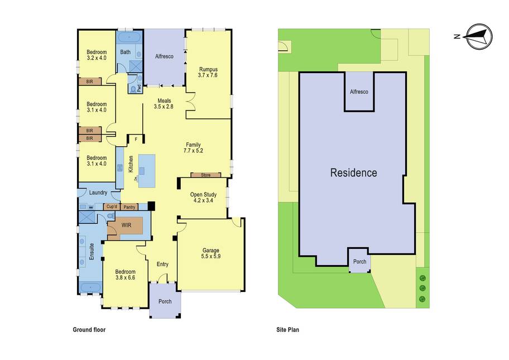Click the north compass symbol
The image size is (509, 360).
[478, 37]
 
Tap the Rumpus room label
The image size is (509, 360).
[208, 69]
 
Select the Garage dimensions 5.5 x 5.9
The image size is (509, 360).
[210, 256]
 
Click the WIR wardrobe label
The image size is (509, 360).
[126, 224]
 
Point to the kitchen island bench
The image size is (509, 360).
[147, 171]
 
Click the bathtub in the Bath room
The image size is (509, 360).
[129, 37]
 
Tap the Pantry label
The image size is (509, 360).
[129, 207]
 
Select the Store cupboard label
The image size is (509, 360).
[205, 175]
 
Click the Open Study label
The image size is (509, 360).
[203, 194]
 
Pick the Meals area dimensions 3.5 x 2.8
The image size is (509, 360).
[164, 107]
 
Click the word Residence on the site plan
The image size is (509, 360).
[353, 172]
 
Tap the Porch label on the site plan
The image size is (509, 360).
[359, 261]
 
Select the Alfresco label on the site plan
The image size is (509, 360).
[359, 92]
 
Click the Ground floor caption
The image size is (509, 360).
[89, 329]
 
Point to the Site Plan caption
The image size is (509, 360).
[287, 329]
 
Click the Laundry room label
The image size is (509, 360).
[98, 193]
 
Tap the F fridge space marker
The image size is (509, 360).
[136, 140]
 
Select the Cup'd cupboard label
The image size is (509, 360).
[112, 207]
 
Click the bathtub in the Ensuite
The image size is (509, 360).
[90, 287]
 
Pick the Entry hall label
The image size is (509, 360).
[162, 264]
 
